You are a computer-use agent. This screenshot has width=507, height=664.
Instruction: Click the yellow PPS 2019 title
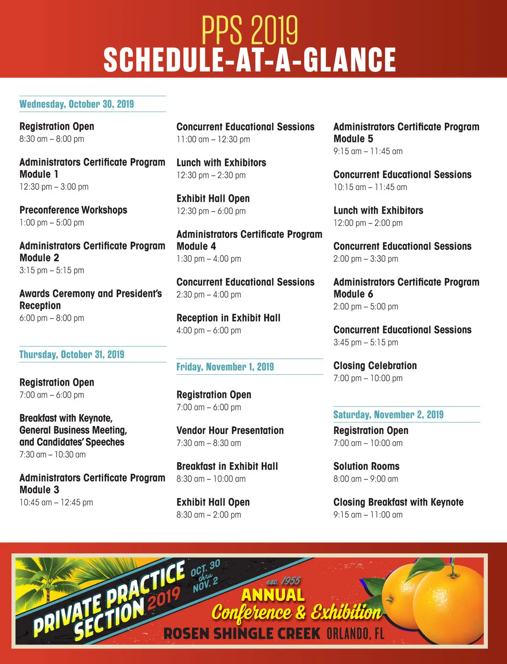tap(250, 30)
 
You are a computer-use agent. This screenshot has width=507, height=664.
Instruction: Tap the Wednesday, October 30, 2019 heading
tap(76, 104)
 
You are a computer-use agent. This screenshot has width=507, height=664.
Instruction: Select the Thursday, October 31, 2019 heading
tap(72, 354)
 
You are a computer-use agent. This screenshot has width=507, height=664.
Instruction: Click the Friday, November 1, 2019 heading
tap(225, 367)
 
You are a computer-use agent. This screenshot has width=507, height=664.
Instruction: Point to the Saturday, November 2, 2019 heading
tap(388, 414)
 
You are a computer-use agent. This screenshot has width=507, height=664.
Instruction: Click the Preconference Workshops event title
tap(73, 210)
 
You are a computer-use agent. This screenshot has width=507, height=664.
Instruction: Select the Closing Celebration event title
tap(375, 366)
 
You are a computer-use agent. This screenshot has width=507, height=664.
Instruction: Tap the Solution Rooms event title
tap(366, 466)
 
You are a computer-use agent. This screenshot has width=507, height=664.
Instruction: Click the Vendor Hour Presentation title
tap(230, 430)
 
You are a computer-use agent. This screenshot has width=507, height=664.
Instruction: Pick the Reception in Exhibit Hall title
tap(228, 318)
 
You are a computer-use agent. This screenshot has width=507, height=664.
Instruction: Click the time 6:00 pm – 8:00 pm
tap(52, 318)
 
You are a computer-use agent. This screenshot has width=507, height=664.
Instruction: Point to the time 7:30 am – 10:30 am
tap(52, 454)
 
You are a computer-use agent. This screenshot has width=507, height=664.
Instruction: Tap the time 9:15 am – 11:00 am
tap(368, 514)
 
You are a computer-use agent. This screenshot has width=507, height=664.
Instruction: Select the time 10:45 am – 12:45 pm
tap(56, 502)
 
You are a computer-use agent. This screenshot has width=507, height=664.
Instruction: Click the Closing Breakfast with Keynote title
tap(398, 502)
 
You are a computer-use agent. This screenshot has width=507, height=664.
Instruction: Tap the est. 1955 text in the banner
tap(283, 581)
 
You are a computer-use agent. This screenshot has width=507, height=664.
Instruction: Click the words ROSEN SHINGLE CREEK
tap(242, 634)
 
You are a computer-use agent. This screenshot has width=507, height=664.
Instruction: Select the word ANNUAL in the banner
tap(273, 595)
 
